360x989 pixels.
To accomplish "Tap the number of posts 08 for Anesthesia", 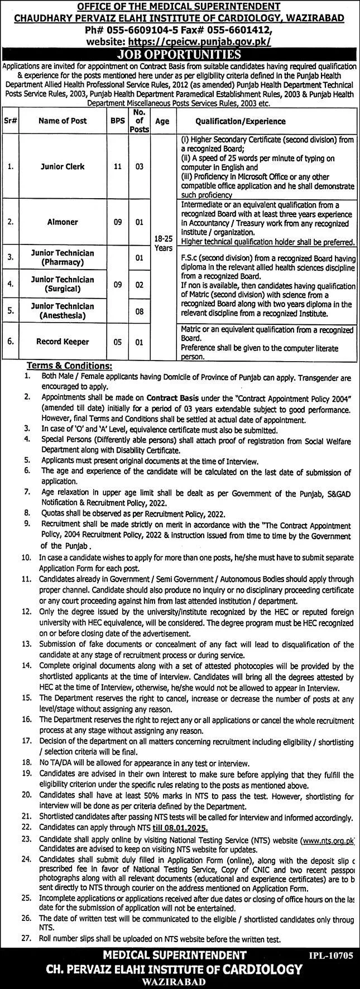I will click(140, 310).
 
